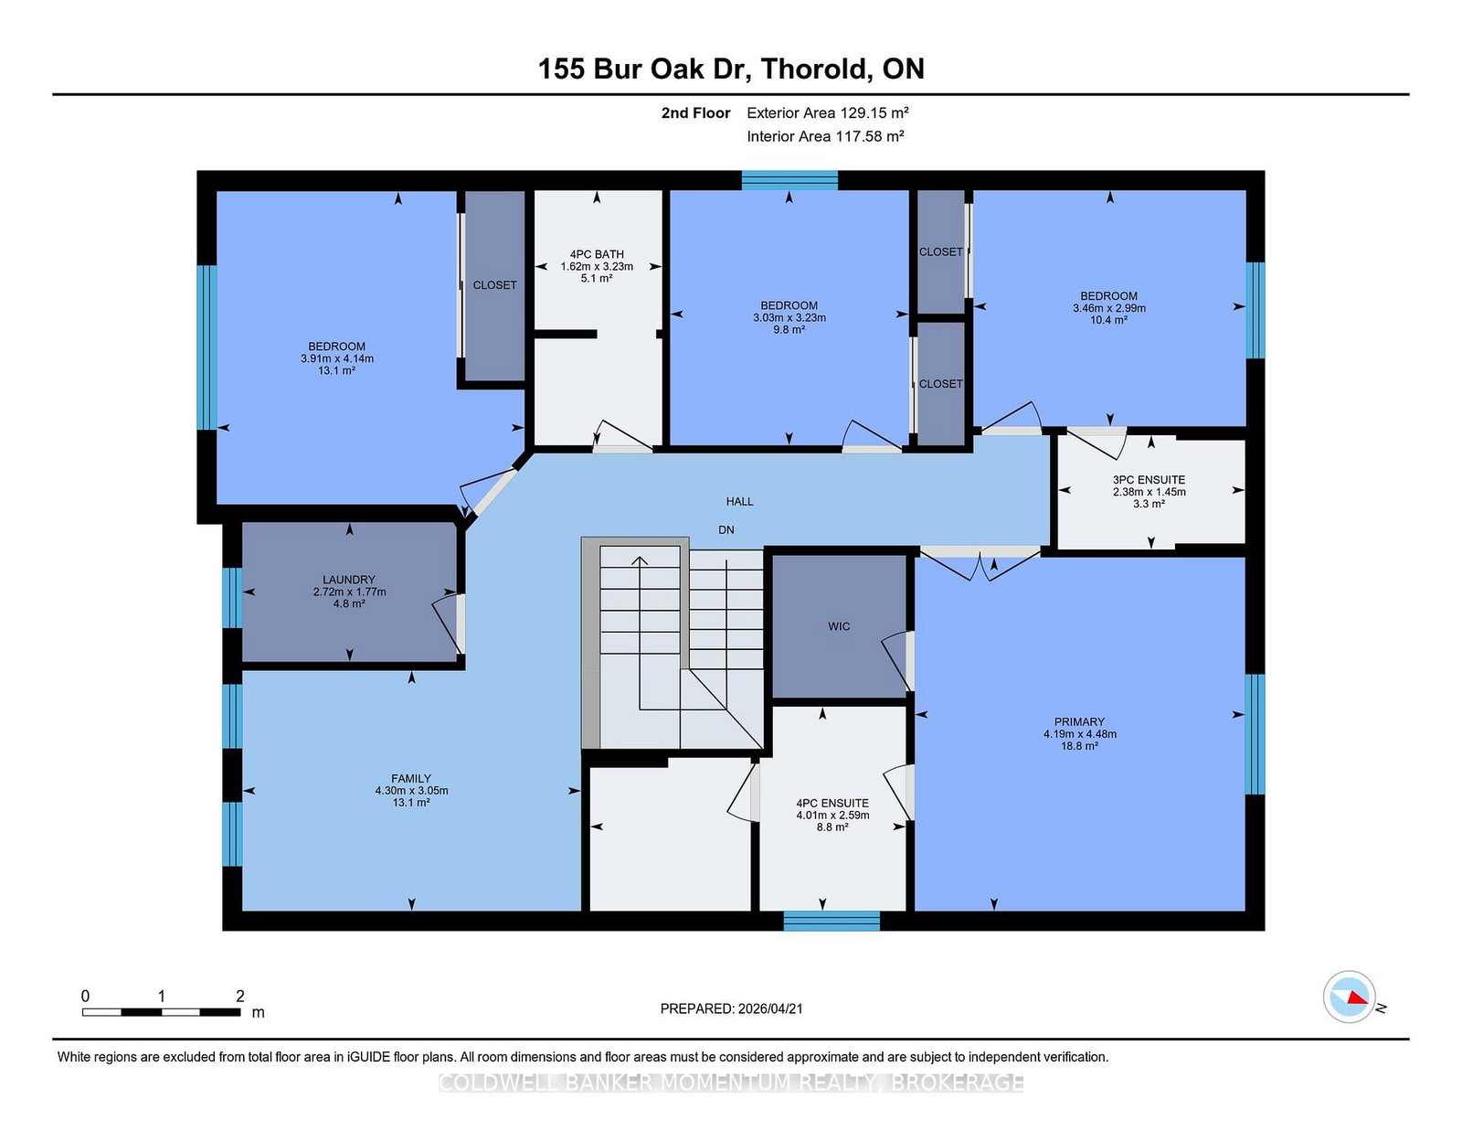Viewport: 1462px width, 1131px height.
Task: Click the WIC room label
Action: [839, 626]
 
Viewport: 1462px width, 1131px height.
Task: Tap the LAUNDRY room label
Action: [348, 580]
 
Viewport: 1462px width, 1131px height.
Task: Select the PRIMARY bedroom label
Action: [1079, 721]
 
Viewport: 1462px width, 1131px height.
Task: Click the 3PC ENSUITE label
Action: [1149, 479]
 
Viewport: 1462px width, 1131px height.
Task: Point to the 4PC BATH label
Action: [597, 254]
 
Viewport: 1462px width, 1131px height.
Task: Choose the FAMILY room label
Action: [411, 778]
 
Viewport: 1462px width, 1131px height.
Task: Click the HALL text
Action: [739, 501]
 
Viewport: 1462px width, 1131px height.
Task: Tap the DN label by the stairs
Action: [726, 529]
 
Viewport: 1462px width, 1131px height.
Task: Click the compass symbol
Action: [1349, 997]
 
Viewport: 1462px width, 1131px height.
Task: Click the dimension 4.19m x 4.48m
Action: [1079, 734]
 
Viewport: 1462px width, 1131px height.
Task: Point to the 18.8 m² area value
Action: [1079, 746]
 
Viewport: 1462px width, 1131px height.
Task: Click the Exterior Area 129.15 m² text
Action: [827, 112]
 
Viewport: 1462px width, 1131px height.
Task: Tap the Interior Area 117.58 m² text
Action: [825, 136]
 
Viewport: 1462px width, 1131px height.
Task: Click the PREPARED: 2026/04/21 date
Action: [731, 1008]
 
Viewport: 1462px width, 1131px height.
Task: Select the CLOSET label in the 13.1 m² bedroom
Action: [494, 285]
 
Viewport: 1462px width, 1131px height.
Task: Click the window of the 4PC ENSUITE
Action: [832, 921]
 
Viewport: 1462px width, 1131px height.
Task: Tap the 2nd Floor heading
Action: [695, 112]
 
